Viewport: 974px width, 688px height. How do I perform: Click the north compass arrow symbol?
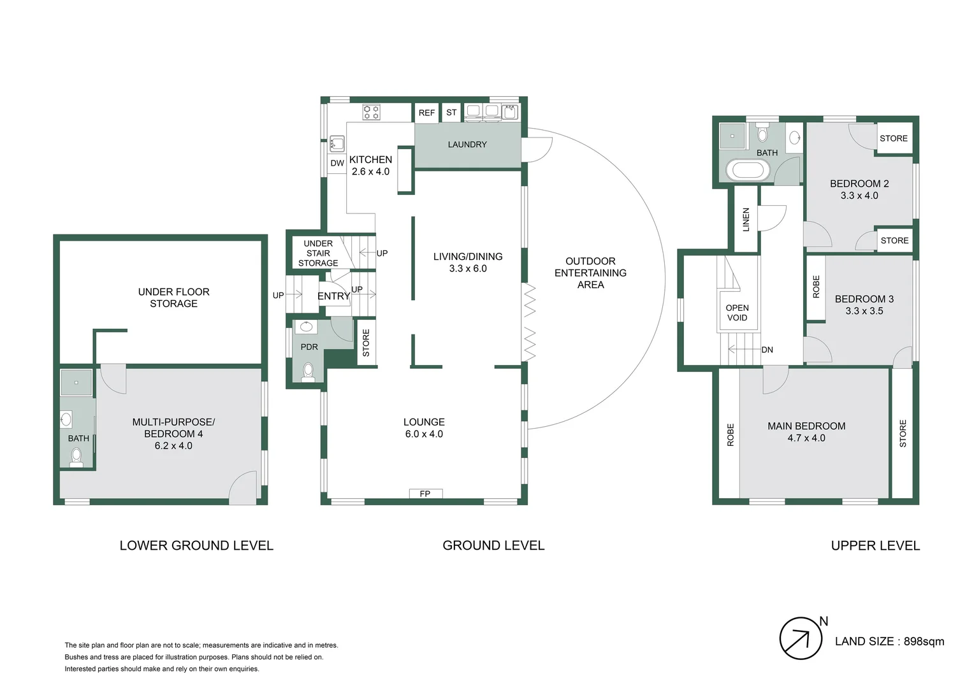click(x=801, y=638)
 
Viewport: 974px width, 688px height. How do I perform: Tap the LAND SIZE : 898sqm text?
click(x=889, y=641)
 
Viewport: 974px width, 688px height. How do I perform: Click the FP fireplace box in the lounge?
click(x=425, y=494)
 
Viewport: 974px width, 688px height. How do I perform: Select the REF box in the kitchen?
click(x=426, y=113)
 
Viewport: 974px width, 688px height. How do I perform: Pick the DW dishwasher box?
click(x=337, y=163)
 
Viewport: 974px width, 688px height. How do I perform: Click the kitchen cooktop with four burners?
click(x=372, y=113)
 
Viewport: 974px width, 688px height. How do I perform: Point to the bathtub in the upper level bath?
click(x=747, y=171)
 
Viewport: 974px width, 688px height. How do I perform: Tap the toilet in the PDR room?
click(x=309, y=371)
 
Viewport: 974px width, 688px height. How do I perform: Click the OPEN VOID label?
click(x=737, y=313)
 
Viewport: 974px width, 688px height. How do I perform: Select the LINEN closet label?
click(x=746, y=220)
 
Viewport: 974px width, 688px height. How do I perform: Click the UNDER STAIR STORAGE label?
click(x=318, y=253)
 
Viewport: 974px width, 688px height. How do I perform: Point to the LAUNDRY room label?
click(x=467, y=145)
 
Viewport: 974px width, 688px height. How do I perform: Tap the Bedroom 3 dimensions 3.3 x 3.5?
click(x=864, y=311)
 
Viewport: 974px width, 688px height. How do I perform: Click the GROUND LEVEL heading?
click(x=493, y=545)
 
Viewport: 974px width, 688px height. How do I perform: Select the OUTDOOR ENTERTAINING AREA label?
click(x=590, y=273)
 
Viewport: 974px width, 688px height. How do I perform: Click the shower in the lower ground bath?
click(x=76, y=383)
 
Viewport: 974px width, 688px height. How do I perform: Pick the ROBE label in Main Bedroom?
click(x=730, y=434)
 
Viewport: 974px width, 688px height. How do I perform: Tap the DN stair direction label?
click(x=767, y=350)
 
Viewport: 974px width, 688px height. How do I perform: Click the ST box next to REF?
click(x=451, y=113)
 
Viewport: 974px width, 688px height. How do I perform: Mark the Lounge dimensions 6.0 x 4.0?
click(x=424, y=434)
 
